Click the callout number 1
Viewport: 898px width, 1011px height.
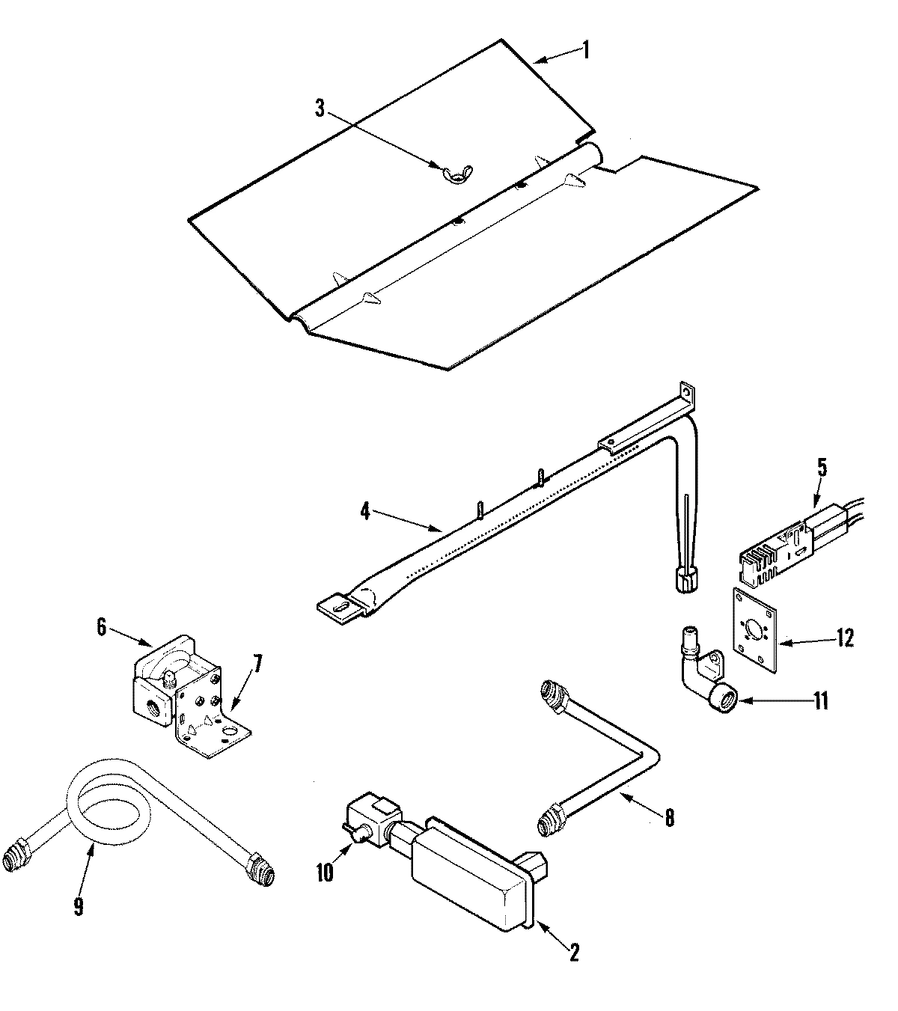tap(586, 50)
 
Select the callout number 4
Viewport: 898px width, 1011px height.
tap(364, 513)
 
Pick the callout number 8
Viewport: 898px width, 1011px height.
tap(668, 818)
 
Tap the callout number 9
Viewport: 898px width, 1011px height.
tap(79, 906)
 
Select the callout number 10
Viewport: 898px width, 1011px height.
tap(324, 873)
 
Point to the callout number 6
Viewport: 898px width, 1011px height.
tap(102, 626)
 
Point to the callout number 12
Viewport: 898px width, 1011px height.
tap(844, 637)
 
